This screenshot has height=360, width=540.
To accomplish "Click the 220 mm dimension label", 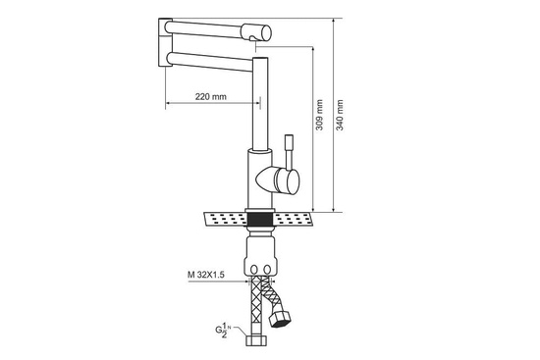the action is (x=211, y=97).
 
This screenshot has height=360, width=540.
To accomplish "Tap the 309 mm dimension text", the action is (x=320, y=115).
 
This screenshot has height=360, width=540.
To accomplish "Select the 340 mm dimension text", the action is (x=340, y=115).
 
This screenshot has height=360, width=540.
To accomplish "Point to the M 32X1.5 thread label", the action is (x=206, y=275).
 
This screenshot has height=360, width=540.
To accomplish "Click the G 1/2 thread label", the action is (x=222, y=331).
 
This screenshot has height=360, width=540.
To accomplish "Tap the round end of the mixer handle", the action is (x=288, y=180).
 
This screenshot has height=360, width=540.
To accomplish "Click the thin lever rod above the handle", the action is (x=289, y=151).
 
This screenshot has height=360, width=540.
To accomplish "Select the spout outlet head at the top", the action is (x=256, y=32).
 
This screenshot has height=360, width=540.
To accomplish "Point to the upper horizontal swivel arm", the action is (x=205, y=29).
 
